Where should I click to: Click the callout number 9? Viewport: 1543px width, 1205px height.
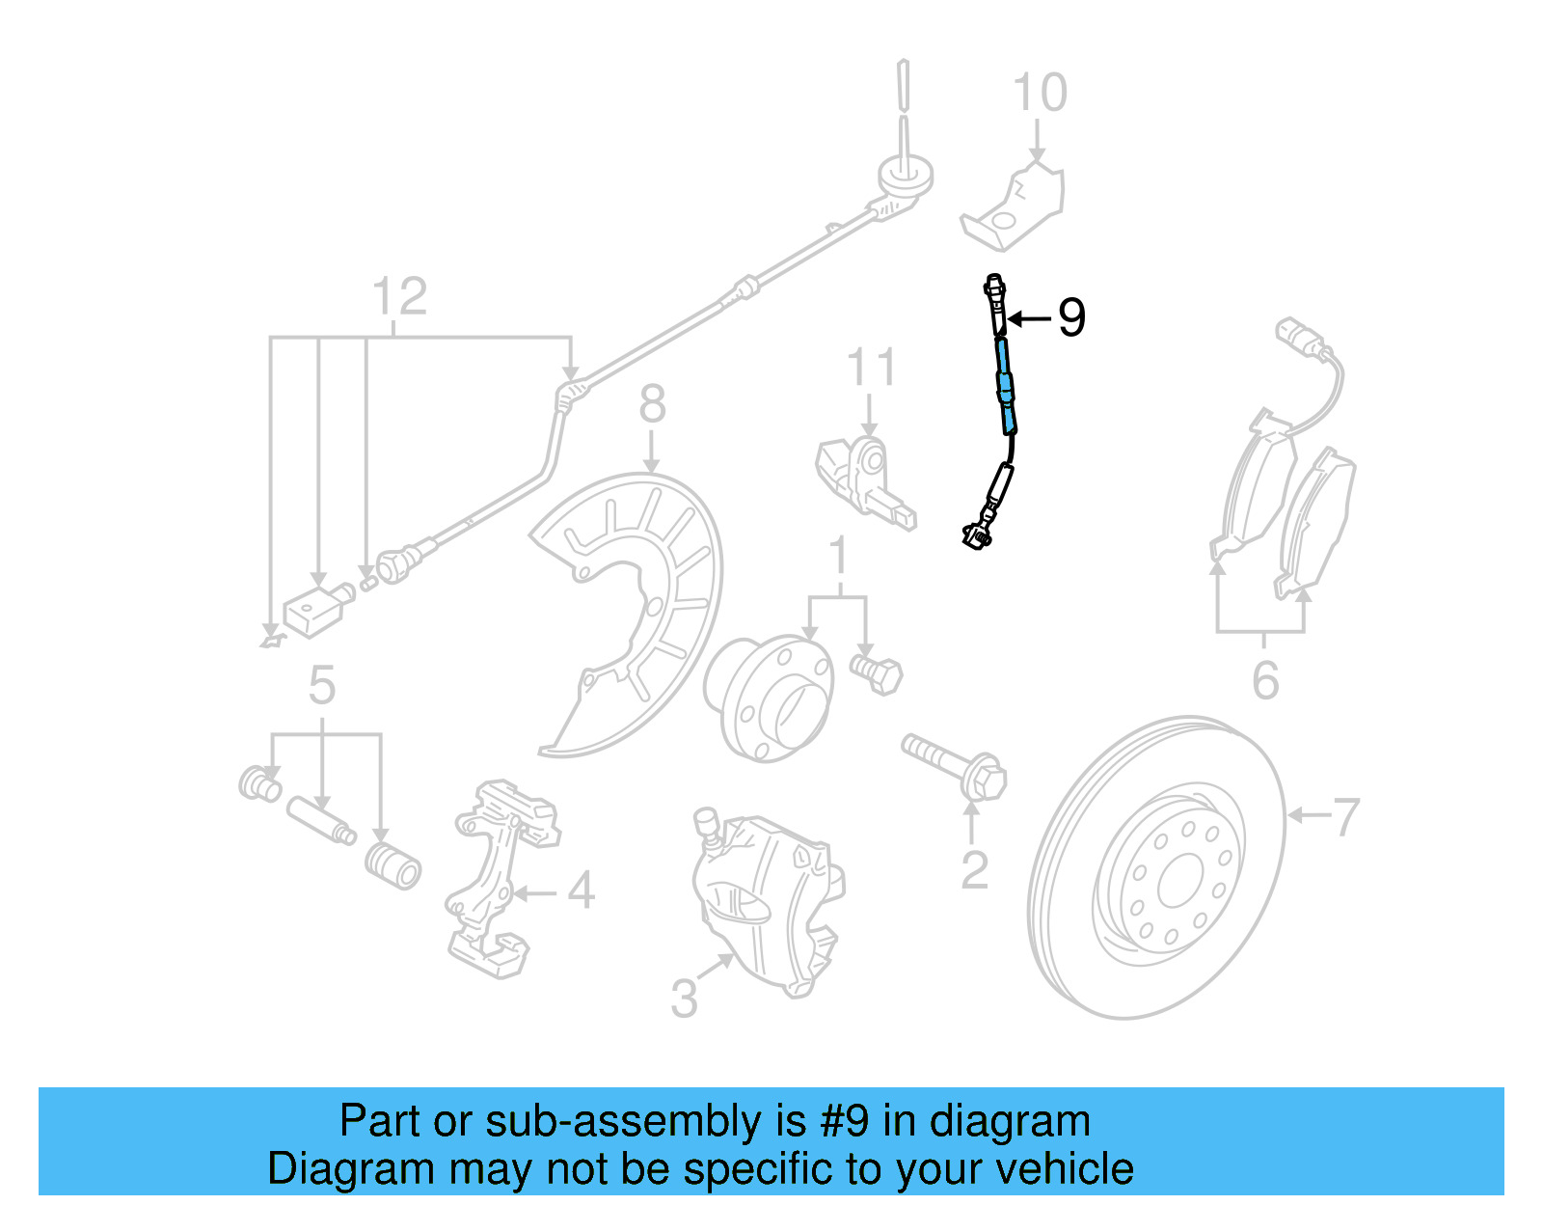pyautogui.click(x=1071, y=317)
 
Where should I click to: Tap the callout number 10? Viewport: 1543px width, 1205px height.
pyautogui.click(x=1040, y=94)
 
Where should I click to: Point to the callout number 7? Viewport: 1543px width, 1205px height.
pyautogui.click(x=1345, y=816)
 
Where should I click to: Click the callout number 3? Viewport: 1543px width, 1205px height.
pyautogui.click(x=684, y=999)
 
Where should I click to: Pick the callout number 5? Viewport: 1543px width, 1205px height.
pyautogui.click(x=322, y=686)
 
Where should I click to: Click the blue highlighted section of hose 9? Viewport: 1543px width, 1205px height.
pyautogui.click(x=1005, y=386)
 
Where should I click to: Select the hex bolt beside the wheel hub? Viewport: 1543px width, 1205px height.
pyautogui.click(x=878, y=671)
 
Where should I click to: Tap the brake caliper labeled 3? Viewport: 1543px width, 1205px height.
pyautogui.click(x=767, y=897)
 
